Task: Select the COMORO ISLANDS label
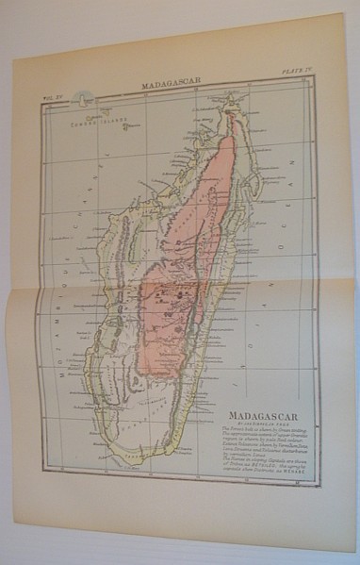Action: (x=95, y=120)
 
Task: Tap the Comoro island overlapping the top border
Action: (x=86, y=97)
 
